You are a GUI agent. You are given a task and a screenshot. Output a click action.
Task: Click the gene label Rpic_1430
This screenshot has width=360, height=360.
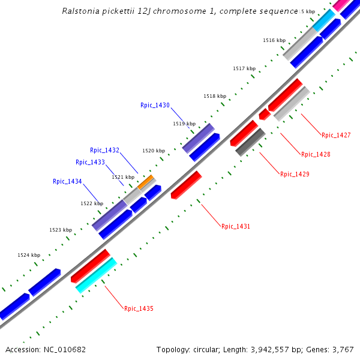pos(155,105)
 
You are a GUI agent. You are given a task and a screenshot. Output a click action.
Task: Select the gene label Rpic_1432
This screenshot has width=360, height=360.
pos(104,150)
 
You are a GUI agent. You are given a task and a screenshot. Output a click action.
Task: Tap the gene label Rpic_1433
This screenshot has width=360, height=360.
pos(90,162)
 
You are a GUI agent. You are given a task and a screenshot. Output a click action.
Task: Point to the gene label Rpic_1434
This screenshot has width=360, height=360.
pos(67,181)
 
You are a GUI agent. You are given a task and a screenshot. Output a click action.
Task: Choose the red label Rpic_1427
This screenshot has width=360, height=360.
pos(336,135)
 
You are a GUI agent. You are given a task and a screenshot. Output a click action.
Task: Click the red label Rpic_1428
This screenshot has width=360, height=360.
pos(316,154)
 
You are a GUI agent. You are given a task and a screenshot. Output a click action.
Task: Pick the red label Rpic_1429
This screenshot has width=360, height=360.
pos(295,174)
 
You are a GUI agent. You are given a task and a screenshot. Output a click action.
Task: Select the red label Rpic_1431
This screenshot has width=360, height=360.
pos(236,226)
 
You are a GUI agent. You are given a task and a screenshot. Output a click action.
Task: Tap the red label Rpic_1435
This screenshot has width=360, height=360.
pos(139,308)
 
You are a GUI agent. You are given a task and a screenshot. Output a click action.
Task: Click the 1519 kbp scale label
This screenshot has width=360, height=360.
pos(184,124)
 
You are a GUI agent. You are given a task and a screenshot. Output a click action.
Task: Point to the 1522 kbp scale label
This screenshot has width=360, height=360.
pos(92,203)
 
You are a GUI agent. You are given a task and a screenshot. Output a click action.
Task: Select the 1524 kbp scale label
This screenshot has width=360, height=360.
pos(29,255)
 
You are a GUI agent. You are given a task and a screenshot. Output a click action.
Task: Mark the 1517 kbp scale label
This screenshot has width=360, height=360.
pos(244,69)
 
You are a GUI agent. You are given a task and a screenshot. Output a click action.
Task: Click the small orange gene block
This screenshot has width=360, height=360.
pos(146,182)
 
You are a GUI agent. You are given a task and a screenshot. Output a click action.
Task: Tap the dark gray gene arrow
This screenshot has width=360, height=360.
pos(250,142)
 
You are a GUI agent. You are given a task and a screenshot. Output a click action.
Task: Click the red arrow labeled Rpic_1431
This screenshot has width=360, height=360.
pos(186,185)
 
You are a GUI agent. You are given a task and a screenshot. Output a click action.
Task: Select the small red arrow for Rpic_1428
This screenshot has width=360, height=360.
pos(263,114)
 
